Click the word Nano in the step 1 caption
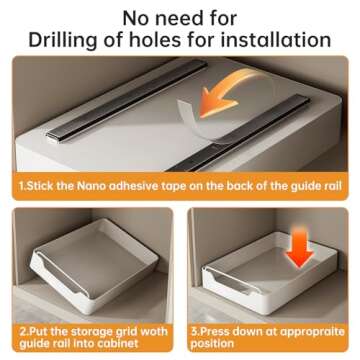(90, 186)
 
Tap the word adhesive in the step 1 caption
(132, 186)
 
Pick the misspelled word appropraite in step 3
(312, 332)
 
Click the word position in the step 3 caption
(212, 344)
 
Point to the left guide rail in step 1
(127, 100)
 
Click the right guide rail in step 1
(239, 133)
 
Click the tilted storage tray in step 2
(94, 266)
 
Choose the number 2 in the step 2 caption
(23, 332)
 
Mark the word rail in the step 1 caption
(334, 186)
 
